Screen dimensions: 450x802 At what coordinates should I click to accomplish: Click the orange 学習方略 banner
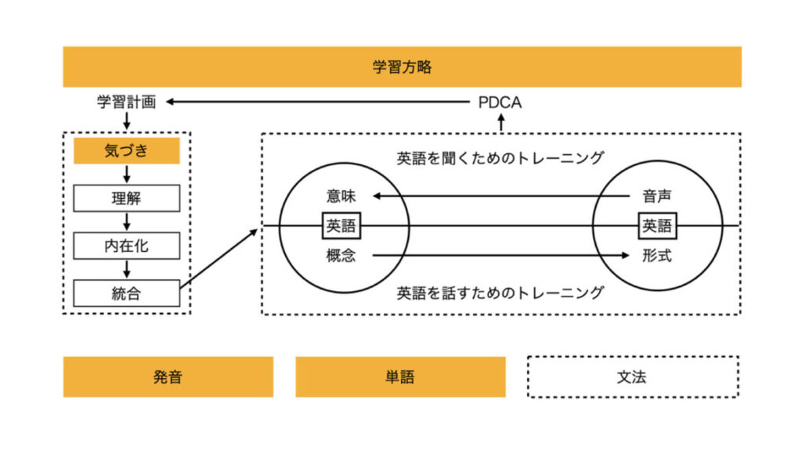coord(402,67)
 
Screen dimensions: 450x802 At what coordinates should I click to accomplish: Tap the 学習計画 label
coord(126,102)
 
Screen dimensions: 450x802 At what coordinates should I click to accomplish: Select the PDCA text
coord(500,103)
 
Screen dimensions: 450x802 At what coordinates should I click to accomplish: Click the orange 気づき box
coord(126,151)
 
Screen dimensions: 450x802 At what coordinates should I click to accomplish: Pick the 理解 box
coord(126,199)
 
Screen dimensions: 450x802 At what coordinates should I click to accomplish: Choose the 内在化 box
coord(126,247)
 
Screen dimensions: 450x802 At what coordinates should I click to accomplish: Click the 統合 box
coord(126,294)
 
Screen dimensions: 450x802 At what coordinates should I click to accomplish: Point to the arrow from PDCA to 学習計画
coord(313,102)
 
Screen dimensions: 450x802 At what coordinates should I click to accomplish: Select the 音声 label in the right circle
coord(656,196)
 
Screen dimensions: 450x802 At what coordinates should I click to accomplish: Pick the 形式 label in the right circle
coord(656,256)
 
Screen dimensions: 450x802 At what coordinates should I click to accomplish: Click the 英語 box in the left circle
coord(341,226)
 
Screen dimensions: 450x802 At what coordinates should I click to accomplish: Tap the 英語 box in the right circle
coord(657,226)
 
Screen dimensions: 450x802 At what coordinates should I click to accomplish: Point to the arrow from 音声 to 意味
coord(501,196)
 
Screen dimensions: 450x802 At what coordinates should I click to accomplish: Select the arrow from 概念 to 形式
coord(501,255)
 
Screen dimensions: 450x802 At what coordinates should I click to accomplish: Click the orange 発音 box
coord(168,377)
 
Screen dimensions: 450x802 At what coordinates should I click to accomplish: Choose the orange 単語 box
coord(400,377)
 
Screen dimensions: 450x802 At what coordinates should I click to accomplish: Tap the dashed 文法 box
coord(632,377)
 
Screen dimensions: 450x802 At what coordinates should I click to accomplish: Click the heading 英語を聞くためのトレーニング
coord(500,157)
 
